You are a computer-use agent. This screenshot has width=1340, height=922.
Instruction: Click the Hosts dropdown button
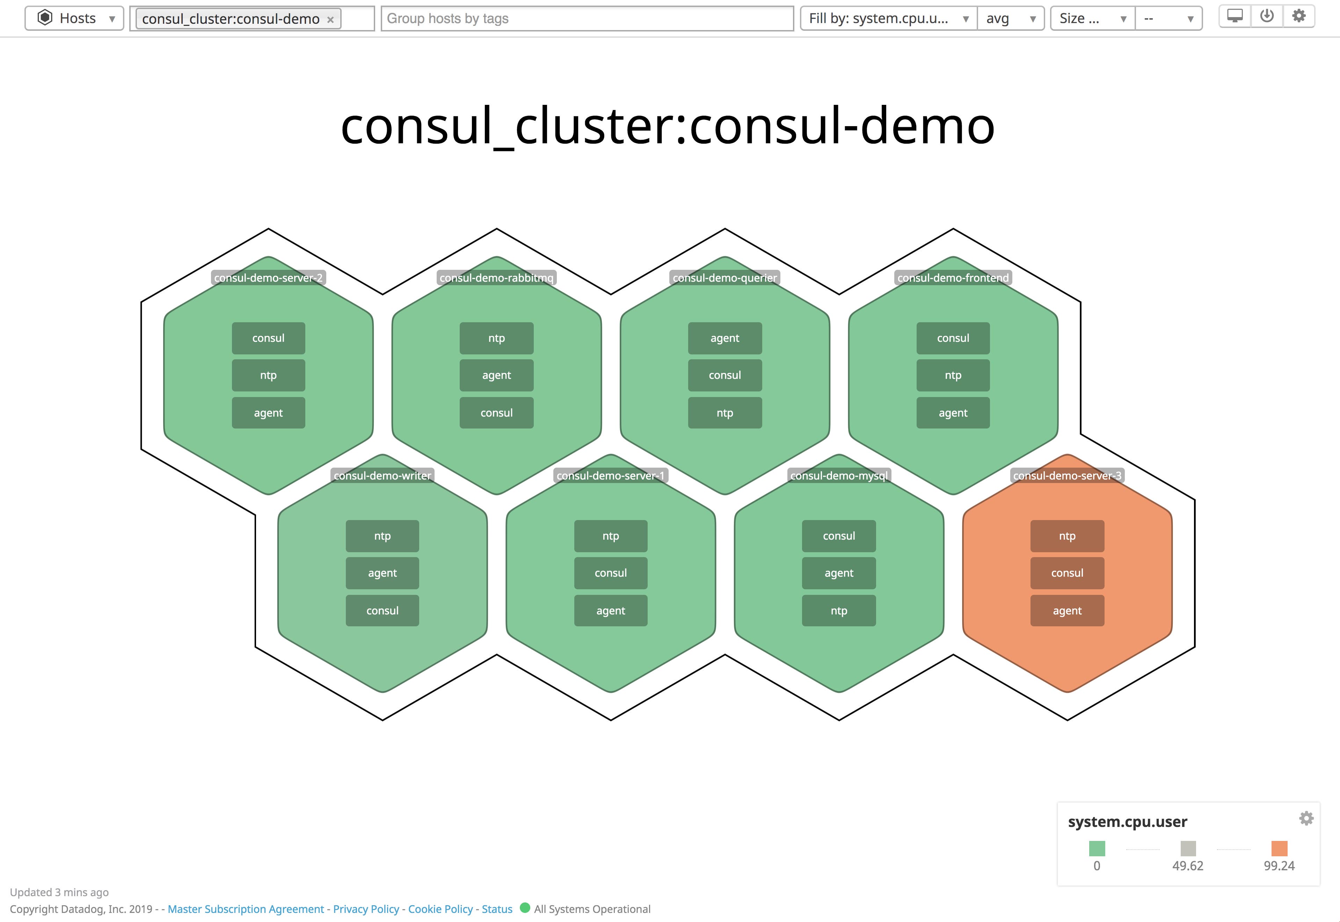[74, 19]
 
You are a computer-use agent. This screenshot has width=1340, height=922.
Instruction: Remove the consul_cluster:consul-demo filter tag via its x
[330, 20]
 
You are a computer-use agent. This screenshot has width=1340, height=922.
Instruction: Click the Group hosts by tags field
[587, 19]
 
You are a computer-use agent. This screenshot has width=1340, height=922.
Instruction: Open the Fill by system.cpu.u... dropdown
[888, 19]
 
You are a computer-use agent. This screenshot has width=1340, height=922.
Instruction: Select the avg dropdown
[1010, 19]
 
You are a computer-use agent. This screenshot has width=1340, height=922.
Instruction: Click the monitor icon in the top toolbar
[1235, 16]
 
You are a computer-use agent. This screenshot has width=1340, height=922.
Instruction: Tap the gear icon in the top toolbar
[1298, 16]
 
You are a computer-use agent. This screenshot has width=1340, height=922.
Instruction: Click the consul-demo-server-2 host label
[269, 278]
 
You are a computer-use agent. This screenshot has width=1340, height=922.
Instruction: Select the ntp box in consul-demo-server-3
[1067, 536]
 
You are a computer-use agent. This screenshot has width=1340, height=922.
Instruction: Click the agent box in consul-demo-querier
[724, 338]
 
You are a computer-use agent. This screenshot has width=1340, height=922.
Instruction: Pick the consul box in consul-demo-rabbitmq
[496, 412]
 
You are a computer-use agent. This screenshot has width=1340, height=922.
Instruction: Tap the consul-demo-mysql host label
[839, 475]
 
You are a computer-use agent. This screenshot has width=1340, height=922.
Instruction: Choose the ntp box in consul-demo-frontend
[953, 375]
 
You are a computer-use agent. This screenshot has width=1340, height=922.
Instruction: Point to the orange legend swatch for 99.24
[1279, 848]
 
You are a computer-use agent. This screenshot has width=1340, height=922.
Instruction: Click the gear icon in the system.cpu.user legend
[1306, 818]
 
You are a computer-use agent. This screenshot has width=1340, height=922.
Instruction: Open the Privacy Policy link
[366, 909]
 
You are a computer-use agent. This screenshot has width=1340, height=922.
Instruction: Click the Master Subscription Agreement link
[246, 909]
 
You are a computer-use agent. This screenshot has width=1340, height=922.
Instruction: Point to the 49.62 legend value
[1188, 865]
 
